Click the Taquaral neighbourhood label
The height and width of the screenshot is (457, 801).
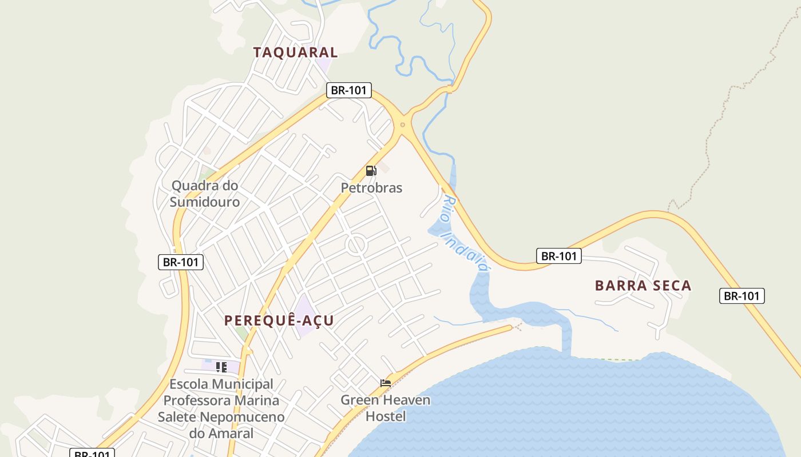(x=295, y=52)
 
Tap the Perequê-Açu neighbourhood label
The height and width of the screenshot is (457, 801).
(x=279, y=320)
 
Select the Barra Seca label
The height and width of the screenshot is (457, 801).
(x=643, y=286)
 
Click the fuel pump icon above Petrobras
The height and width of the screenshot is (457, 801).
(x=371, y=170)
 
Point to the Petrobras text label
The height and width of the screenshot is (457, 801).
(x=371, y=187)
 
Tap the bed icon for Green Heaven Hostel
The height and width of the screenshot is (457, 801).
(x=386, y=383)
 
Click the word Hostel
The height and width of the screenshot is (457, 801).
(x=386, y=416)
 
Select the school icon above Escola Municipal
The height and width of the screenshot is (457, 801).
(x=221, y=367)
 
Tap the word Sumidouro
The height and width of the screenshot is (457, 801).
(x=204, y=202)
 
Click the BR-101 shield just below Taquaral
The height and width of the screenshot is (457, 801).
(x=349, y=90)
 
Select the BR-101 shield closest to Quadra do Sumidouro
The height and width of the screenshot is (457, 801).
(x=180, y=262)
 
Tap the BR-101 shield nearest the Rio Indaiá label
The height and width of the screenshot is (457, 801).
(x=558, y=256)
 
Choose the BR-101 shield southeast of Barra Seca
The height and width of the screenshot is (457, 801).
(x=741, y=296)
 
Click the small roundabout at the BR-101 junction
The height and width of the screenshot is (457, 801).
(x=403, y=125)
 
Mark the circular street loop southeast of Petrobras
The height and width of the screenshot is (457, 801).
(x=356, y=246)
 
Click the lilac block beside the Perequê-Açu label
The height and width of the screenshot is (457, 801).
(x=304, y=314)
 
